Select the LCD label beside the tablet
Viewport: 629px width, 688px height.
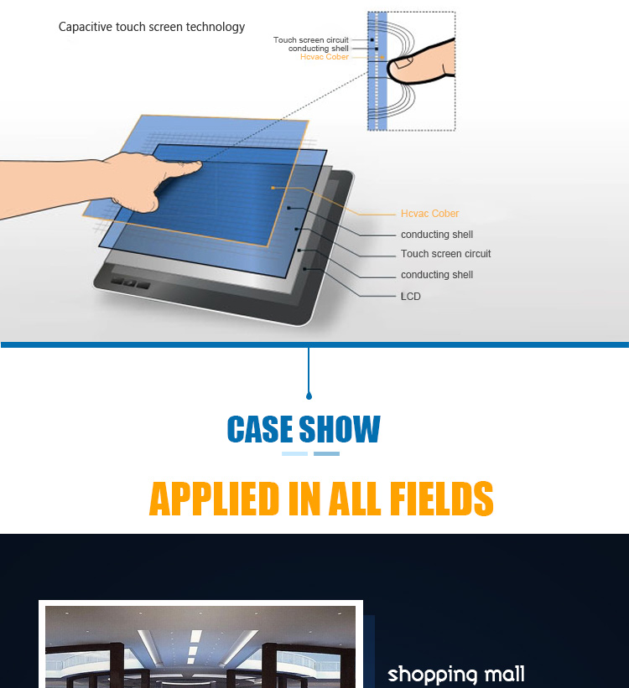click(411, 297)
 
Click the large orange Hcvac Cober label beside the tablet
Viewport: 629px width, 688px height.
click(429, 214)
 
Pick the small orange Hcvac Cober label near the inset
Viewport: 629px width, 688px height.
click(325, 57)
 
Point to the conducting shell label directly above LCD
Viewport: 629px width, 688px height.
click(437, 275)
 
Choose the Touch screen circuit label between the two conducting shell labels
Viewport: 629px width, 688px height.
click(445, 254)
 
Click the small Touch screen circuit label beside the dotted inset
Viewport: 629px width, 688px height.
click(310, 40)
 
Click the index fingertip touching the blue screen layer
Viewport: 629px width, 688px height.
click(196, 166)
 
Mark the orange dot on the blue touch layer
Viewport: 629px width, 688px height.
click(273, 188)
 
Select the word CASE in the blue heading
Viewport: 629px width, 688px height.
click(260, 429)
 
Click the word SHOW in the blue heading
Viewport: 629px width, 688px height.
click(340, 429)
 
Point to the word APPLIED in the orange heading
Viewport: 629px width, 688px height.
click(215, 498)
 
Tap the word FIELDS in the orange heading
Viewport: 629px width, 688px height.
click(441, 498)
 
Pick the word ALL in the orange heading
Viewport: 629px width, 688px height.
click(355, 498)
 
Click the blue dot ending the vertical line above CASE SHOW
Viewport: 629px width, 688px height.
click(309, 396)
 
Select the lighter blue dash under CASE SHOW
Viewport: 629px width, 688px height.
click(294, 453)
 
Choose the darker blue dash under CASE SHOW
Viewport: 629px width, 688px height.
click(326, 453)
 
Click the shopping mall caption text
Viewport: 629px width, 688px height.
click(456, 675)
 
